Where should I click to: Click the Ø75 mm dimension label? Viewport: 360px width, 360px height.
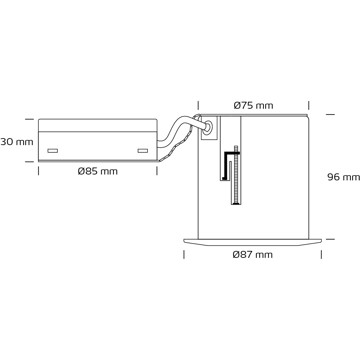[x=253, y=106]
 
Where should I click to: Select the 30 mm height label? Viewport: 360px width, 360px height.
[x=17, y=142]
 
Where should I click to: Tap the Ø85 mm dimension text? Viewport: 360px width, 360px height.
[x=98, y=171]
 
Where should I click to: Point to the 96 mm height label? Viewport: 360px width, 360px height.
[x=343, y=177]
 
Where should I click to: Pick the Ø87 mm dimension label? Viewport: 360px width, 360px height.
[x=253, y=255]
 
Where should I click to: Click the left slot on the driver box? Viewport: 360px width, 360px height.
[x=53, y=151]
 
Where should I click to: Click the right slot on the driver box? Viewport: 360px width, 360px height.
[x=143, y=151]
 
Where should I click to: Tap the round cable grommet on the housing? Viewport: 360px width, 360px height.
[x=208, y=127]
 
